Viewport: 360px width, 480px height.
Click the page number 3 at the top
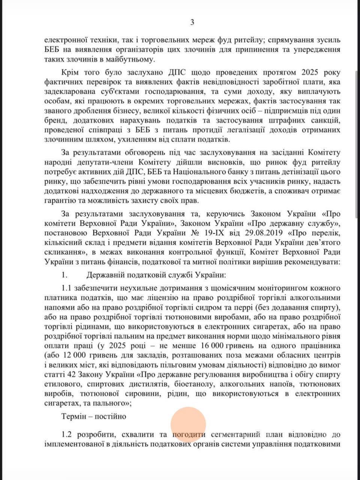(x=192, y=22)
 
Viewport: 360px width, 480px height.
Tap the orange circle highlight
(x=188, y=424)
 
